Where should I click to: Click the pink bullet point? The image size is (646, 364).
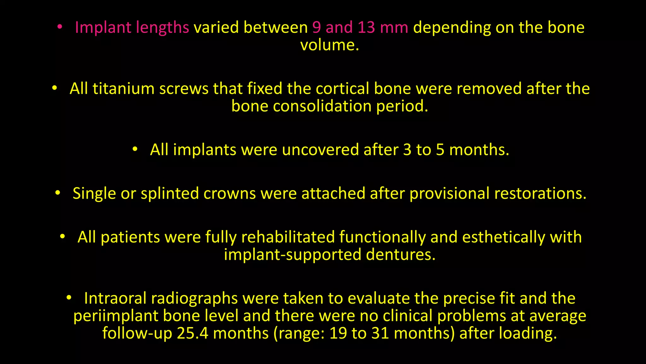60,27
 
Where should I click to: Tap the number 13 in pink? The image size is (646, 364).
366,27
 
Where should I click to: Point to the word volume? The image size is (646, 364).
329,45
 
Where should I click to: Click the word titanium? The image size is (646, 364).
123,89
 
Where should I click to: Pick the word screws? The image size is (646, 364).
184,89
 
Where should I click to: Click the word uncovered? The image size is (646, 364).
320,150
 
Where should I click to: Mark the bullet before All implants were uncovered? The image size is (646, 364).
135,149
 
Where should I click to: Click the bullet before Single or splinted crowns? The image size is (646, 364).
57,193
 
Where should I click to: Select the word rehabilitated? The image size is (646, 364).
288,237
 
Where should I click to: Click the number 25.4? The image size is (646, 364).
192,333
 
